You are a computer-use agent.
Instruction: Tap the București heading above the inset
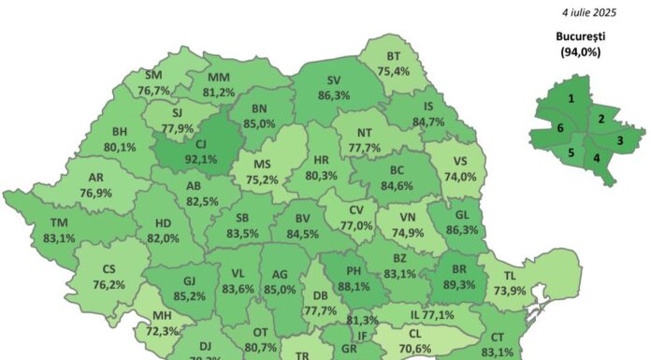click(x=582, y=37)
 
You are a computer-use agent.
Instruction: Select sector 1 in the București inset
click(x=571, y=97)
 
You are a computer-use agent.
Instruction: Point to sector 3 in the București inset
click(x=619, y=140)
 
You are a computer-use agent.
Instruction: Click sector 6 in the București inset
click(x=560, y=128)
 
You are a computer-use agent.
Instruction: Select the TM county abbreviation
click(x=60, y=223)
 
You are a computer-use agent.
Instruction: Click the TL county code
click(x=510, y=277)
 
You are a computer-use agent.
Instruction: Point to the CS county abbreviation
click(x=109, y=270)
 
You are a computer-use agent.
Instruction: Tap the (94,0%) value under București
click(x=582, y=52)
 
